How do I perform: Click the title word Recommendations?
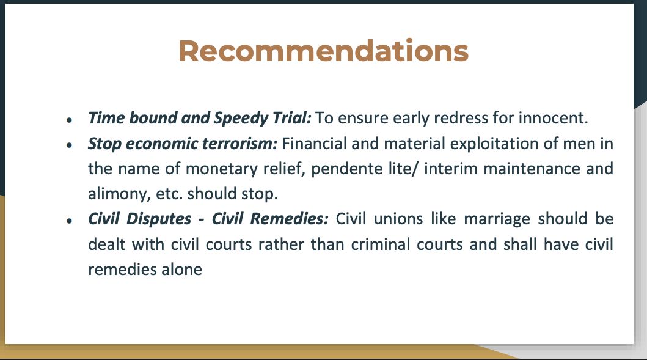click(x=324, y=51)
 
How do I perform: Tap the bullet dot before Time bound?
click(x=69, y=120)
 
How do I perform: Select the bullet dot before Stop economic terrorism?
click(x=69, y=145)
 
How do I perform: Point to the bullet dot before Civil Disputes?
click(x=69, y=221)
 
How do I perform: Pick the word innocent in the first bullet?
click(x=554, y=118)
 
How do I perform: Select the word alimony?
click(x=119, y=194)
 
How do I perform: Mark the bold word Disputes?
click(x=159, y=219)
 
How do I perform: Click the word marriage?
click(x=497, y=219)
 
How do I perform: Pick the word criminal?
click(x=381, y=244)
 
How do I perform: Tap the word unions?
click(x=398, y=219)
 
